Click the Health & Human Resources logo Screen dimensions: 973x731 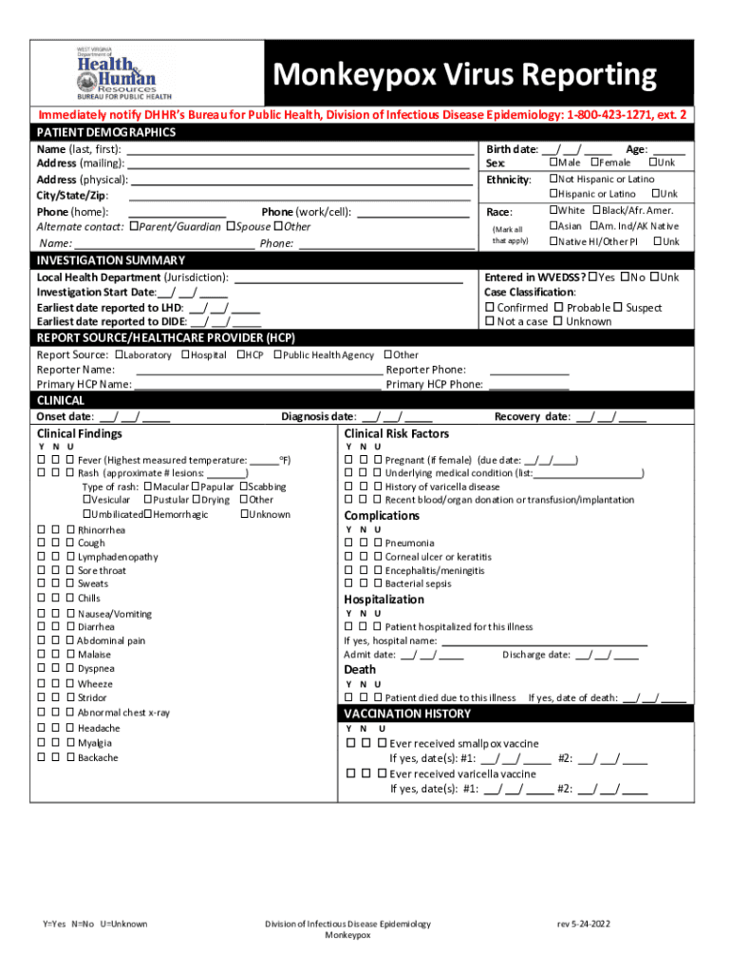tap(117, 72)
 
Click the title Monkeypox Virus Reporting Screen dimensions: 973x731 tap(465, 74)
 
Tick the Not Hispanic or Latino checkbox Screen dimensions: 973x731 tap(553, 179)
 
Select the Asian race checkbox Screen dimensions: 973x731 tap(553, 226)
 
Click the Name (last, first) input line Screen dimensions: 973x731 tap(300, 150)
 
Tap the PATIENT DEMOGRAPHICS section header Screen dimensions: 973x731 tap(106, 132)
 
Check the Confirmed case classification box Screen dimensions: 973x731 tap(490, 308)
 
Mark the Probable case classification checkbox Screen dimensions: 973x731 tap(559, 308)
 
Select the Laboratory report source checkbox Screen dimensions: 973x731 tap(120, 354)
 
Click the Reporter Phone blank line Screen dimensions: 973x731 tap(529, 370)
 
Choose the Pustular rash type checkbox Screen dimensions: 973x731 tap(148, 500)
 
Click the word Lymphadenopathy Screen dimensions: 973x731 tap(118, 557)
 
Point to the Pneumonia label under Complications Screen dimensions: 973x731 tap(409, 544)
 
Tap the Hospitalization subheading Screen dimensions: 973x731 tap(384, 600)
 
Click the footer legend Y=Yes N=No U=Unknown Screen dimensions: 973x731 tap(95, 924)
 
